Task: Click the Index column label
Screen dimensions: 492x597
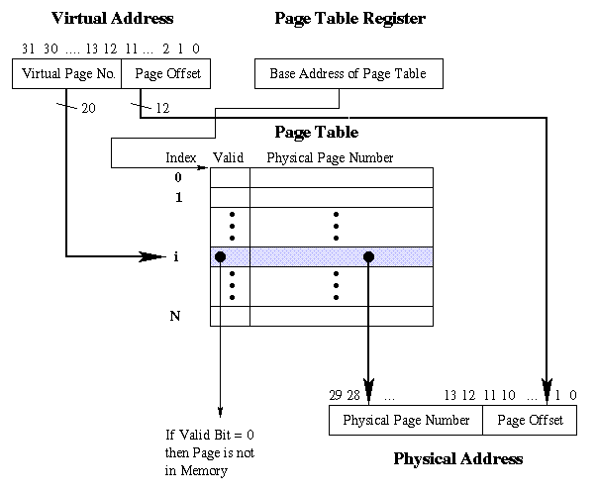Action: click(x=180, y=157)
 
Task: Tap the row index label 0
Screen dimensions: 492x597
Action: click(x=177, y=177)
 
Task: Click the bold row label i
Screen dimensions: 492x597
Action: click(x=176, y=257)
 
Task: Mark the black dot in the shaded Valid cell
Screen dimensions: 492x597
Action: click(x=220, y=257)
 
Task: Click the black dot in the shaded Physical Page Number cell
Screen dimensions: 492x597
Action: click(x=368, y=257)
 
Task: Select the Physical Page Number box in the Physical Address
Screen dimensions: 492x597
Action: click(x=405, y=421)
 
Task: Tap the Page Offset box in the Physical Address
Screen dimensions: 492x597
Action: click(x=530, y=421)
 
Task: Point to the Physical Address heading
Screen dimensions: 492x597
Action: click(x=457, y=459)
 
